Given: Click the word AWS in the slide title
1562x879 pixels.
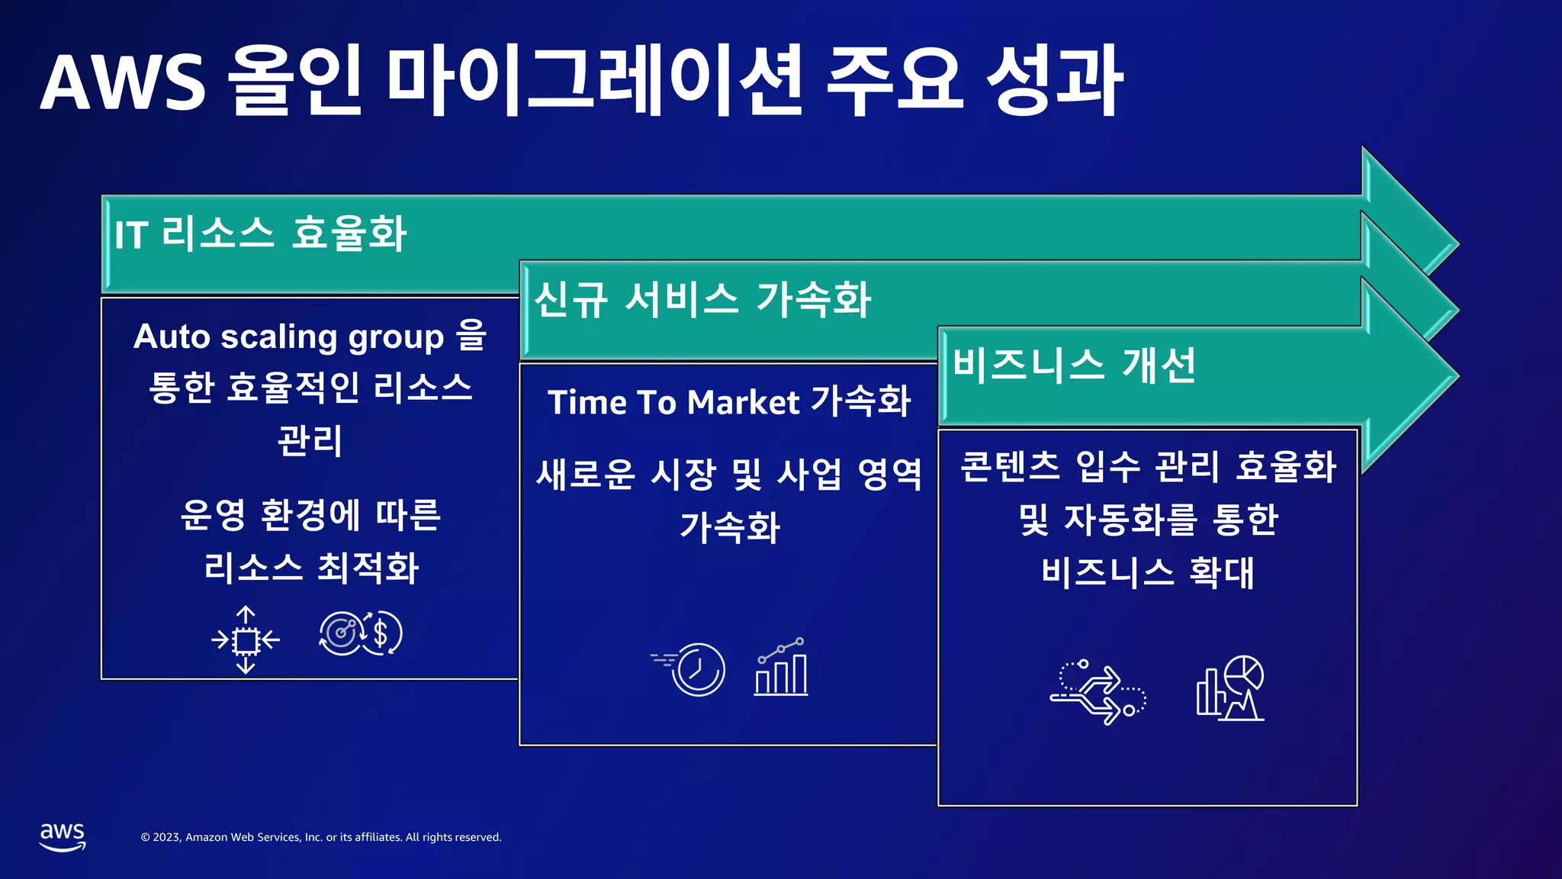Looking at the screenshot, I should [123, 82].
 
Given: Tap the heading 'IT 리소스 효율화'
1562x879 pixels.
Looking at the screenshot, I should [260, 233].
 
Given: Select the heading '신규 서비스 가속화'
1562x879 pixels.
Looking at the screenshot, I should [702, 299].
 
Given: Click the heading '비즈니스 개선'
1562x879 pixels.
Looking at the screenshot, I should [1074, 365].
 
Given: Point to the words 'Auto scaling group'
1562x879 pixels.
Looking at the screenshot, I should [288, 336].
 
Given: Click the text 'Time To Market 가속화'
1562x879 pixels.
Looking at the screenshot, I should [729, 402].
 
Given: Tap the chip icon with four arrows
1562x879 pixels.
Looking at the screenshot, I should [246, 639].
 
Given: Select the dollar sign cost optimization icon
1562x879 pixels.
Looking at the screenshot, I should [361, 633].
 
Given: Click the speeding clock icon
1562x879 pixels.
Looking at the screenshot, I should [690, 668].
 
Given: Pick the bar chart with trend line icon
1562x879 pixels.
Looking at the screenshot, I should [781, 668].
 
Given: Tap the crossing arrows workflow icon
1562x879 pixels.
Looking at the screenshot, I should [1098, 691].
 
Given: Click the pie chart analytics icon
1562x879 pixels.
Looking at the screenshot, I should [1229, 687].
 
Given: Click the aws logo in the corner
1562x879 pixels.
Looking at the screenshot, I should [63, 836].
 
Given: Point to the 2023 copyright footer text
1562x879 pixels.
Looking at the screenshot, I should [321, 837].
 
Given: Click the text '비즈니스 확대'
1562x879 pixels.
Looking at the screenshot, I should [1147, 572].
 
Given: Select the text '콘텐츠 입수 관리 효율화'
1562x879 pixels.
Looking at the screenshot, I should [1147, 467].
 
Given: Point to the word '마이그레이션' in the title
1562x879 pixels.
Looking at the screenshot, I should [595, 81].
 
